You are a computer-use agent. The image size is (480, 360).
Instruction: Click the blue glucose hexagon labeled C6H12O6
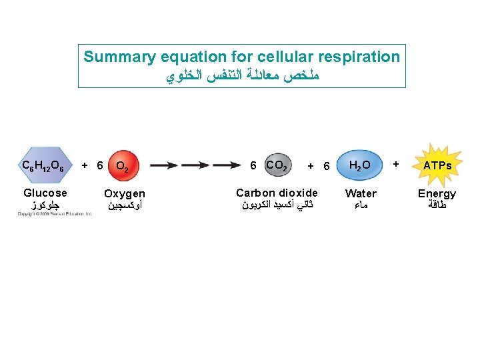[43, 165]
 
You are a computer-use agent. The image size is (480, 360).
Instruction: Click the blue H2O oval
[361, 165]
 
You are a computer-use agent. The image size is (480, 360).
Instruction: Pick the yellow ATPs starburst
[437, 165]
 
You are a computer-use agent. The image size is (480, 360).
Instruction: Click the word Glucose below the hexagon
[45, 193]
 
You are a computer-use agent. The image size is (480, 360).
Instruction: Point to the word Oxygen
[125, 194]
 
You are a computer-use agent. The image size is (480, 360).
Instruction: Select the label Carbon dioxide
[277, 193]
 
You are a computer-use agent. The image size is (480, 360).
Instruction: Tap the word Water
[361, 193]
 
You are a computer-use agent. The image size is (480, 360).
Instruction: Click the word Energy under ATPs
[437, 194]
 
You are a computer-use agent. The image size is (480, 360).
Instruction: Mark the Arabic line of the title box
[242, 76]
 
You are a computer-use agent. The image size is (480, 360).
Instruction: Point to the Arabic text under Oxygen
[124, 206]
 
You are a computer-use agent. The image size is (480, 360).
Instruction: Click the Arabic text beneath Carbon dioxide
[277, 205]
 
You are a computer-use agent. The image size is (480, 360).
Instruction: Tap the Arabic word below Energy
[437, 206]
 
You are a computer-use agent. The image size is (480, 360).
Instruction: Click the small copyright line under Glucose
[55, 214]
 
